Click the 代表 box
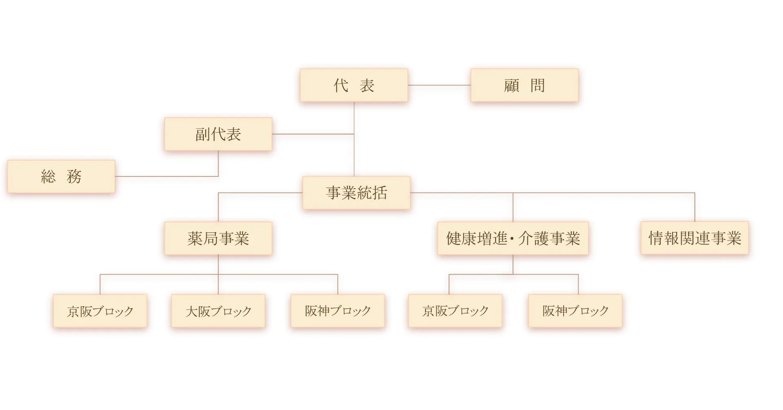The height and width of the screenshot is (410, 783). tap(354, 85)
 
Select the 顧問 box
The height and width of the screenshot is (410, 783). tap(524, 85)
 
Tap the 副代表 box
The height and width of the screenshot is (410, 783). tap(218, 134)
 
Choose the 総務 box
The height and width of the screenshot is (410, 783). tap(61, 176)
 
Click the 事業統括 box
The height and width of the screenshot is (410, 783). tap(356, 193)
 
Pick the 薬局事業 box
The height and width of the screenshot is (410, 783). tap(218, 238)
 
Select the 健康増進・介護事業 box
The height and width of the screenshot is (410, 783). tap(513, 238)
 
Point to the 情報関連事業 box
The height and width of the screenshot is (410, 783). tap(695, 238)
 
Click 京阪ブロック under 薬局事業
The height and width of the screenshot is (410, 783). tap(100, 311)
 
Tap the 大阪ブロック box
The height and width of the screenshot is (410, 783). tap(218, 311)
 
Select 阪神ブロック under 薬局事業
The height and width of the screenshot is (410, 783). tap(338, 311)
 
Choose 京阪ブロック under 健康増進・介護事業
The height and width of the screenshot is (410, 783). tap(455, 311)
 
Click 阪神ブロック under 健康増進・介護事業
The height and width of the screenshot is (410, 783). tap(575, 311)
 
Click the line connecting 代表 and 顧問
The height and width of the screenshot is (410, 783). tap(439, 85)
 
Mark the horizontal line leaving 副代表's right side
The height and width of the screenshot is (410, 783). tap(312, 134)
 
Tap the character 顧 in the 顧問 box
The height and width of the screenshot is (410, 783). tap(511, 86)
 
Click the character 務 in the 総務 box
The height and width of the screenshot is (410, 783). tap(74, 177)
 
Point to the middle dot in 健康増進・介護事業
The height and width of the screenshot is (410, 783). tap(512, 239)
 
